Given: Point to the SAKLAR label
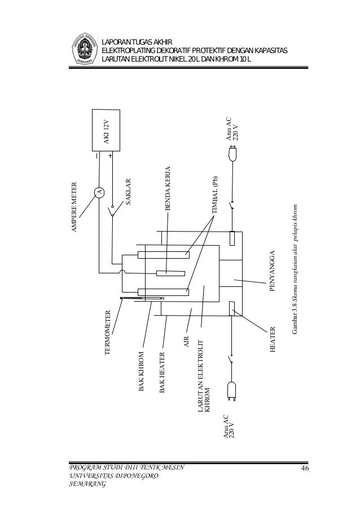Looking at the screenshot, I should [x=128, y=194].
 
